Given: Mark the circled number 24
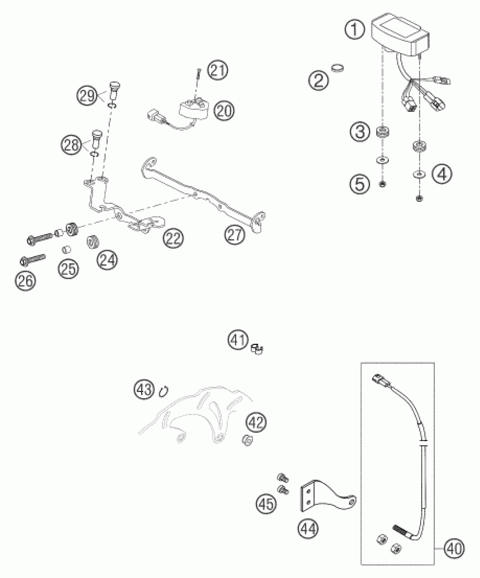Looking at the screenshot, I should [x=107, y=260].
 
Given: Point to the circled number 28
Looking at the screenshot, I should [x=71, y=145].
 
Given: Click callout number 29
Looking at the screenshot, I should [x=87, y=97].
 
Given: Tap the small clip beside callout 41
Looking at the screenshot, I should [x=256, y=349].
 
